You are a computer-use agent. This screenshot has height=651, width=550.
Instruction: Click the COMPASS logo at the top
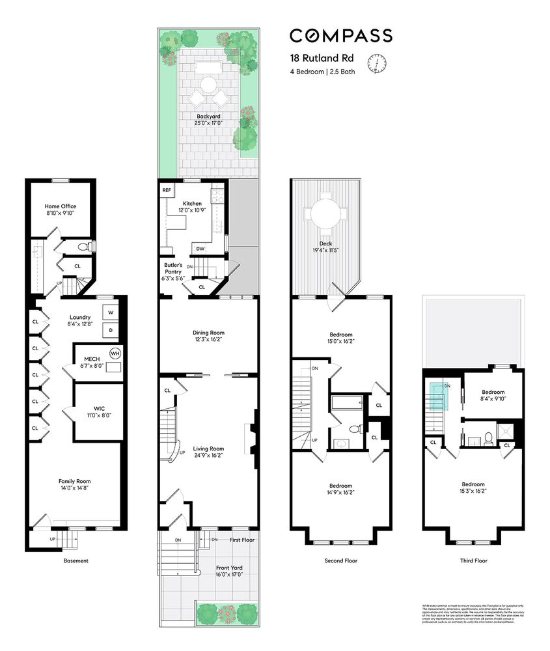pyautogui.click(x=340, y=35)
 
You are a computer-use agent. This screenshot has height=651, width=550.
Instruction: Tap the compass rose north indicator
pyautogui.click(x=376, y=63)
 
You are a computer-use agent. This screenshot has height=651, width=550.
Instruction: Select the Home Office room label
pyautogui.click(x=61, y=206)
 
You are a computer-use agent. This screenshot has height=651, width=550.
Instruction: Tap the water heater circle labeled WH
pyautogui.click(x=115, y=353)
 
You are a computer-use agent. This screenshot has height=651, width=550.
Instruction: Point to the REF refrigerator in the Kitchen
pyautogui.click(x=167, y=190)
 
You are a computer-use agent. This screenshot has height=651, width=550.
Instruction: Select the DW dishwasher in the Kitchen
pyautogui.click(x=201, y=248)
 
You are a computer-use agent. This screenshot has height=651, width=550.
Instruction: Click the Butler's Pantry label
pyautogui.click(x=173, y=269)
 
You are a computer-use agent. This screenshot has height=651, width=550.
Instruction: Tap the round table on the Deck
pyautogui.click(x=323, y=213)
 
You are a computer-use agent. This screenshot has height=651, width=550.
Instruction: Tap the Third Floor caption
pyautogui.click(x=473, y=560)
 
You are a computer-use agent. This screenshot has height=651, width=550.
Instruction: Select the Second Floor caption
pyautogui.click(x=340, y=560)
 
